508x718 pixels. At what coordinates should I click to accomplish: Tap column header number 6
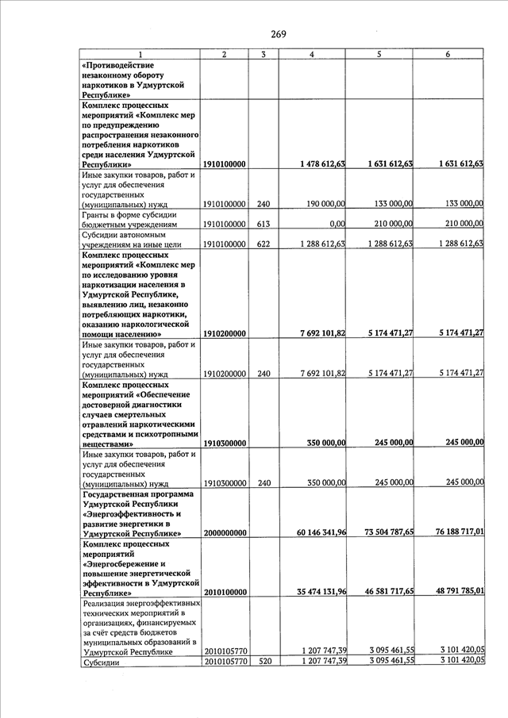coord(448,54)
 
